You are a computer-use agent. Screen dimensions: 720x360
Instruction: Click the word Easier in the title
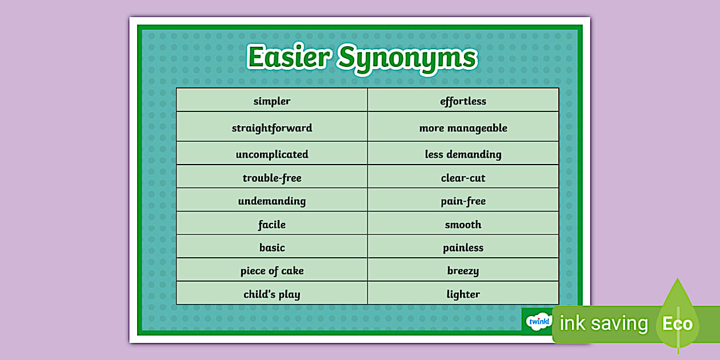tap(289, 57)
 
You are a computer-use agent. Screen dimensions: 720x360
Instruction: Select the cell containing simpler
tap(272, 100)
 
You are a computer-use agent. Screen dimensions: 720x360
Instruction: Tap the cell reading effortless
tap(463, 100)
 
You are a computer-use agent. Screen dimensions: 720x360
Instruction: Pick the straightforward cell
tap(272, 127)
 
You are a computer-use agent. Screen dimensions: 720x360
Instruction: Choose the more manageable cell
tap(463, 127)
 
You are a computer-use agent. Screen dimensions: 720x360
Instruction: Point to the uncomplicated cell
tap(272, 153)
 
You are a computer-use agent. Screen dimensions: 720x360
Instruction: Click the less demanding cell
tap(463, 153)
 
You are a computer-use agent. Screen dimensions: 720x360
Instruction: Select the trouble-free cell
tap(272, 177)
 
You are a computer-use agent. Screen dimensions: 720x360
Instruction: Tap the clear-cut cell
tap(463, 177)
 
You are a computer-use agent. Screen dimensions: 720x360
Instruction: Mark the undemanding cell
tap(272, 199)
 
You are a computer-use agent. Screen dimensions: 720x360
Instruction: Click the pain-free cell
tap(463, 199)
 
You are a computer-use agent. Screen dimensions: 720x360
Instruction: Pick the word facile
tap(272, 225)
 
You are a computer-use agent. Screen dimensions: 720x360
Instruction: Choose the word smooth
tap(463, 225)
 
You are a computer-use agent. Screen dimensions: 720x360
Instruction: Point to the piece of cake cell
tap(272, 270)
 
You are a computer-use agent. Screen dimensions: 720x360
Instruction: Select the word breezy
tap(463, 271)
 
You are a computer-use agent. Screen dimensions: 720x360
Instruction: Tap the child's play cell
tap(272, 293)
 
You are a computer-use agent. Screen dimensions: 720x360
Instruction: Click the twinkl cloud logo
tap(539, 321)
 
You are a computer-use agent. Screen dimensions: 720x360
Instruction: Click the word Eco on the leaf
tap(677, 324)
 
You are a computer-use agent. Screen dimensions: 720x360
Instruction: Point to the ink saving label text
tap(603, 323)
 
